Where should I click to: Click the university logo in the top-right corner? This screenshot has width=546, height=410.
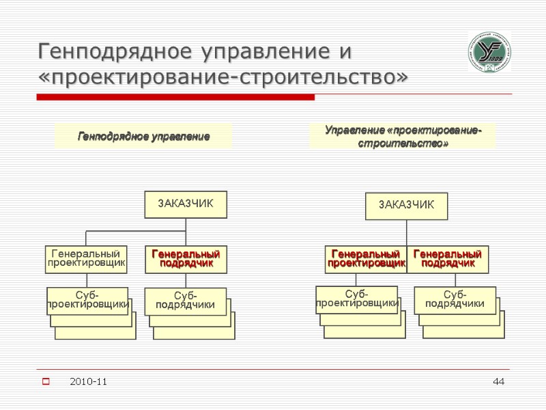tap(489, 52)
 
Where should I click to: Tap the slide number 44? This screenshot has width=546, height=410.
tap(499, 381)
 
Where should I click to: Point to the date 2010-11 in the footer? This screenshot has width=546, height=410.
tap(89, 381)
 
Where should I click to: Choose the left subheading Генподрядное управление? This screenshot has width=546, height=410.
tap(143, 137)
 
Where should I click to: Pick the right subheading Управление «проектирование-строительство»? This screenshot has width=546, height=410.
tap(403, 137)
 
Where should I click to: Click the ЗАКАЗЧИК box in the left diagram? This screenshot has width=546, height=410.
tap(186, 204)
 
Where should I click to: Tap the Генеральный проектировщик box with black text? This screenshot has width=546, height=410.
tap(87, 259)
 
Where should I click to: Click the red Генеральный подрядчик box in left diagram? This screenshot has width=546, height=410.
tap(186, 259)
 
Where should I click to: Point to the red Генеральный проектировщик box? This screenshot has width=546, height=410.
tap(365, 259)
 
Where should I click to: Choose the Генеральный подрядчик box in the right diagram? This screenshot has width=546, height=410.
tap(448, 259)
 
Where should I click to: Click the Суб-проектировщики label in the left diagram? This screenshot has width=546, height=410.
tap(87, 301)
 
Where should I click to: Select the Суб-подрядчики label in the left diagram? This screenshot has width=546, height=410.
tap(185, 301)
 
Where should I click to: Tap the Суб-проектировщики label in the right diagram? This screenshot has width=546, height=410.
tap(357, 299)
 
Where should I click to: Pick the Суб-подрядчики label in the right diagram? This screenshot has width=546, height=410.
tap(455, 299)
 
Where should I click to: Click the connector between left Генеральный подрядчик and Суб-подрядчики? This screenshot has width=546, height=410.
tap(186, 280)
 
